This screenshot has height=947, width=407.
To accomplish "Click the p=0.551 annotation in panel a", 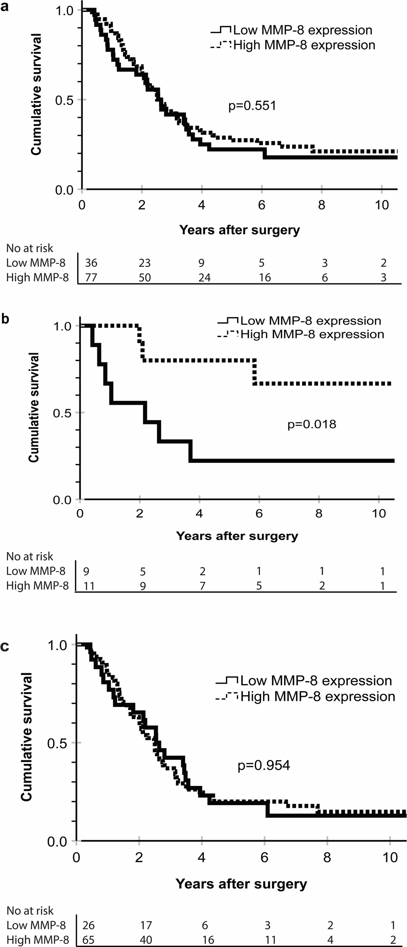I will [x=252, y=106].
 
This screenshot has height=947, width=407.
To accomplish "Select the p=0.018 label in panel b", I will [x=312, y=424].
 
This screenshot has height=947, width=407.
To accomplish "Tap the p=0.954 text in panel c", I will [x=264, y=766].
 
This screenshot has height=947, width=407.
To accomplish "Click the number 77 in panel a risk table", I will [x=91, y=277].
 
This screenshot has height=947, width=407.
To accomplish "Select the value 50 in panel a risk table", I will [x=145, y=277].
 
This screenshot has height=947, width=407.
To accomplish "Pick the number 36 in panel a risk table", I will [x=91, y=263].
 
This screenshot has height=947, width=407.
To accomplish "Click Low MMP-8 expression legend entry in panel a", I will [x=302, y=30].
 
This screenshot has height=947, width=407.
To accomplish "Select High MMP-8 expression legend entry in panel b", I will [x=312, y=334].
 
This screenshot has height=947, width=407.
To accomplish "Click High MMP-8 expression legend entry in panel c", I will [x=318, y=696].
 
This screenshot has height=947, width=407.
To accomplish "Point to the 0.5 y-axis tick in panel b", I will [x=60, y=413].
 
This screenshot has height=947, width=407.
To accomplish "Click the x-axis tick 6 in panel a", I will [x=262, y=205].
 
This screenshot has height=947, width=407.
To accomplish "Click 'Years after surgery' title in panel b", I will [x=237, y=536].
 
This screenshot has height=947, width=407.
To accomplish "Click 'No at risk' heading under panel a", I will [x=30, y=248].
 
